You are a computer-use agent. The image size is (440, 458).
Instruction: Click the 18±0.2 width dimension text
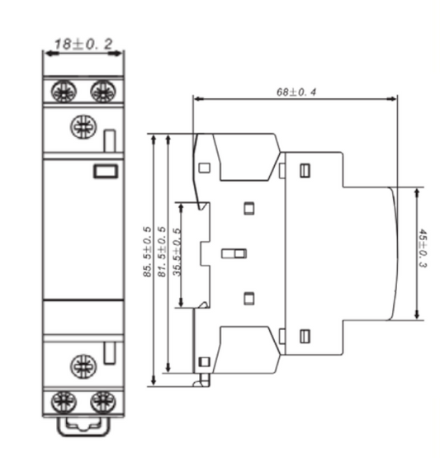point(83,43)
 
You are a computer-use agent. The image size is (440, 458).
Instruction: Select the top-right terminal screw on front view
point(102,92)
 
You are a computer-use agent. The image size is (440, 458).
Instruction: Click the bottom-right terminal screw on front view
point(102,402)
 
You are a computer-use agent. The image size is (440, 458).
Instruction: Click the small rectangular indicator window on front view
point(105,171)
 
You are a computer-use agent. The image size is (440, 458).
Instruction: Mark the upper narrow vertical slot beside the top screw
point(110,140)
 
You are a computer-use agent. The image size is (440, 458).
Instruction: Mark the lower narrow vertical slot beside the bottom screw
point(110,356)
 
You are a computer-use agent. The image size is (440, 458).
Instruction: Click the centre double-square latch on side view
point(234,253)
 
